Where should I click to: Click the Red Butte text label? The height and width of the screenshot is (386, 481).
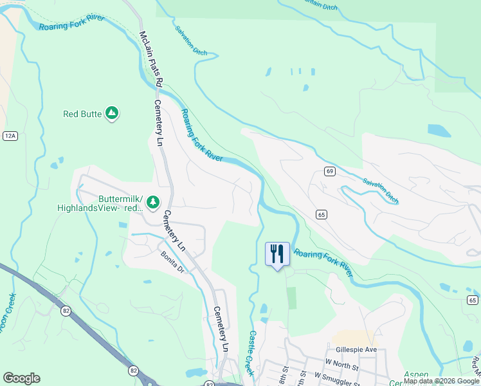(82, 114)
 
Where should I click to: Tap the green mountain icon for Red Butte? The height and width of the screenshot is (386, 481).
(112, 114)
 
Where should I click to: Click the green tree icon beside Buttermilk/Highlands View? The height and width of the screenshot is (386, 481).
(153, 203)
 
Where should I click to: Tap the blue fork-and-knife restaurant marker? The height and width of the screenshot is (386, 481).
(277, 253)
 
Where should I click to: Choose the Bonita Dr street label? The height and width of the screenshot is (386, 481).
(172, 261)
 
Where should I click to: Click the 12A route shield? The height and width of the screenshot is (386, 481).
(10, 136)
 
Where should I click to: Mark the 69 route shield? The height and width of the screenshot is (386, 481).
(329, 171)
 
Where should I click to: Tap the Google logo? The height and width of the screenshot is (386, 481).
(21, 378)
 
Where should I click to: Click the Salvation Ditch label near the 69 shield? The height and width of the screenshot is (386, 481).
(380, 192)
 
